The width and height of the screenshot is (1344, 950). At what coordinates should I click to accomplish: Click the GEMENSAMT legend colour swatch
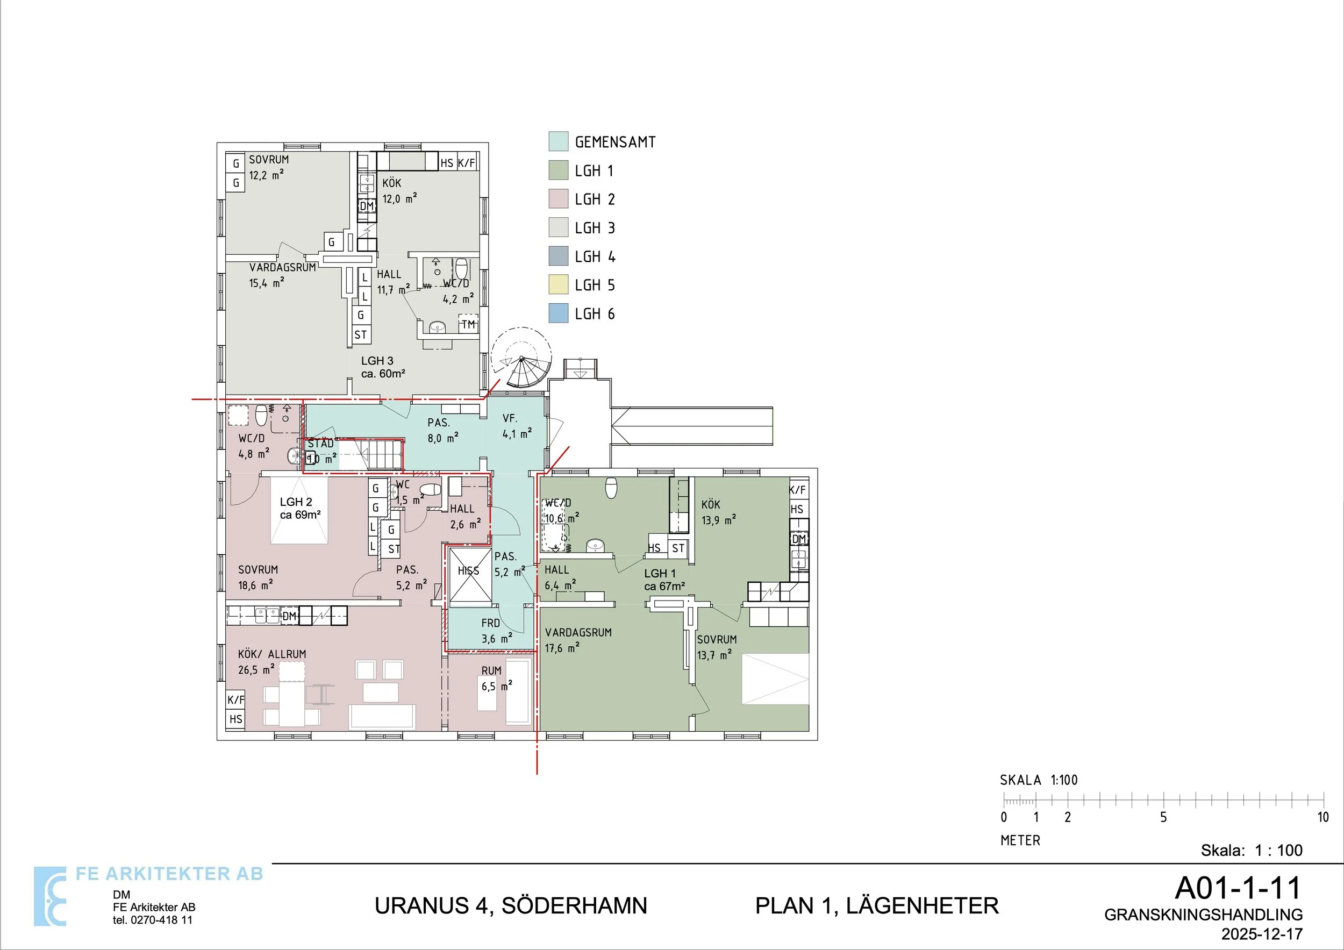coord(558,141)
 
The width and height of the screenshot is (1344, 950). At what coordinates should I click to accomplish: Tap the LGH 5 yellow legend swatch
coord(558,284)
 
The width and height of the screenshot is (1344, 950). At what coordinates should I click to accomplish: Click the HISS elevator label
coord(468,571)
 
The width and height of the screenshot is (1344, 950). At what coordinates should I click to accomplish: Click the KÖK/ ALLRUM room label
coord(272,654)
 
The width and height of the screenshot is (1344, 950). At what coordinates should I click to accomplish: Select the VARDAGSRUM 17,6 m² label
coord(578,640)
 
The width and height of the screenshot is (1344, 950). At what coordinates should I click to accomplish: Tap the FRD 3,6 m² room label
coord(496,631)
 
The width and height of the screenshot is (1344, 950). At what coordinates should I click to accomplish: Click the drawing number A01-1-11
coord(1238,888)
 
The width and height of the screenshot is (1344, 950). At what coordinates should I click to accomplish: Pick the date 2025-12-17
coord(1261,934)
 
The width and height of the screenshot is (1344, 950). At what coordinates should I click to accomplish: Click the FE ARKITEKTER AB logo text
coord(170,874)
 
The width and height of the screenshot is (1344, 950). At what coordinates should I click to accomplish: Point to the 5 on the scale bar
coord(1163,817)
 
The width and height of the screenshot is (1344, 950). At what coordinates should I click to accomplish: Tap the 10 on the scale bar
coord(1323,817)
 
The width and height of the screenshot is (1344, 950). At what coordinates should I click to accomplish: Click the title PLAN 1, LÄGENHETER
coord(877,905)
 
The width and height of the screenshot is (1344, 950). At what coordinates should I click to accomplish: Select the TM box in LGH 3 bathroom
coord(468,324)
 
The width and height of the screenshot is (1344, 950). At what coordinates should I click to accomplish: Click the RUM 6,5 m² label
coord(497,678)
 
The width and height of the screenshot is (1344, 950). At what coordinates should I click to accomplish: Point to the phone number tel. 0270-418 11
coord(153,919)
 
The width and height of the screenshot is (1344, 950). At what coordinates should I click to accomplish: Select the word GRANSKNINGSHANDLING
coord(1204,915)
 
